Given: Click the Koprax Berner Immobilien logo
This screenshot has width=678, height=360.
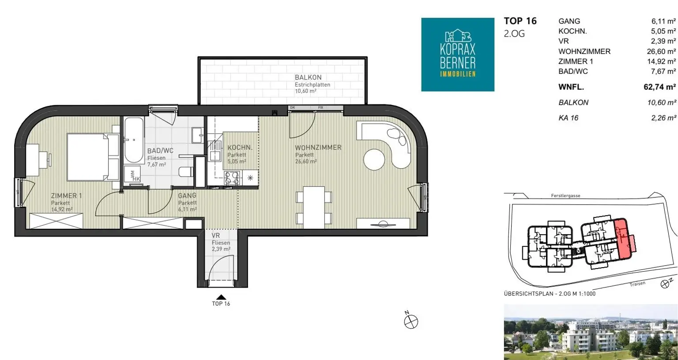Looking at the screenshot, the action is [x=458, y=54].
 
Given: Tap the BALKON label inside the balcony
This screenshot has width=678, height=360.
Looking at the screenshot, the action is [x=308, y=77].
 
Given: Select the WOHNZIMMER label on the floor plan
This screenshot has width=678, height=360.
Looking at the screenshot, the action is [x=318, y=148].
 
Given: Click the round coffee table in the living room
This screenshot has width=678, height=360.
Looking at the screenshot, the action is [x=374, y=159].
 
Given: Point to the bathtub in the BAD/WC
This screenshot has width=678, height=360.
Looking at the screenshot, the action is [x=134, y=140].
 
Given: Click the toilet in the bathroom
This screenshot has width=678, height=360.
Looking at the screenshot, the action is [x=185, y=172].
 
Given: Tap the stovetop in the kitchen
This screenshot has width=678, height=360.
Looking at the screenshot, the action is [x=232, y=178].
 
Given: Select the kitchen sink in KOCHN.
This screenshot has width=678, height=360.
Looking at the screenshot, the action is [x=215, y=152].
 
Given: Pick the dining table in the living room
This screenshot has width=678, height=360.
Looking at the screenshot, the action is [x=314, y=208].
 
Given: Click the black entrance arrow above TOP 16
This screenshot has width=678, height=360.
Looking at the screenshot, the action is [x=221, y=297].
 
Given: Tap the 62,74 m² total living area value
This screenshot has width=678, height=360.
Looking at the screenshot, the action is [x=659, y=87].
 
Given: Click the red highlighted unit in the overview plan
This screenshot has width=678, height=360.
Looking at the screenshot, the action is [x=625, y=239].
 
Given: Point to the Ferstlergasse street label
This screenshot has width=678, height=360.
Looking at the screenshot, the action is [x=565, y=196].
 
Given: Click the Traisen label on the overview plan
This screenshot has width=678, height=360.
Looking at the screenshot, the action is [x=637, y=284].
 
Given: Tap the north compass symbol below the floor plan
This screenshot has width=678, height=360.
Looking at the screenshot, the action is [x=411, y=321].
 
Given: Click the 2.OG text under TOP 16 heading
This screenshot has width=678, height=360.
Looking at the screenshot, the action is [x=514, y=34].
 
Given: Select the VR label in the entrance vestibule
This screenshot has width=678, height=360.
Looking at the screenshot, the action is [x=215, y=235].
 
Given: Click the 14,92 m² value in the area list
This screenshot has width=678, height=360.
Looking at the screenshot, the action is [x=661, y=61].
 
